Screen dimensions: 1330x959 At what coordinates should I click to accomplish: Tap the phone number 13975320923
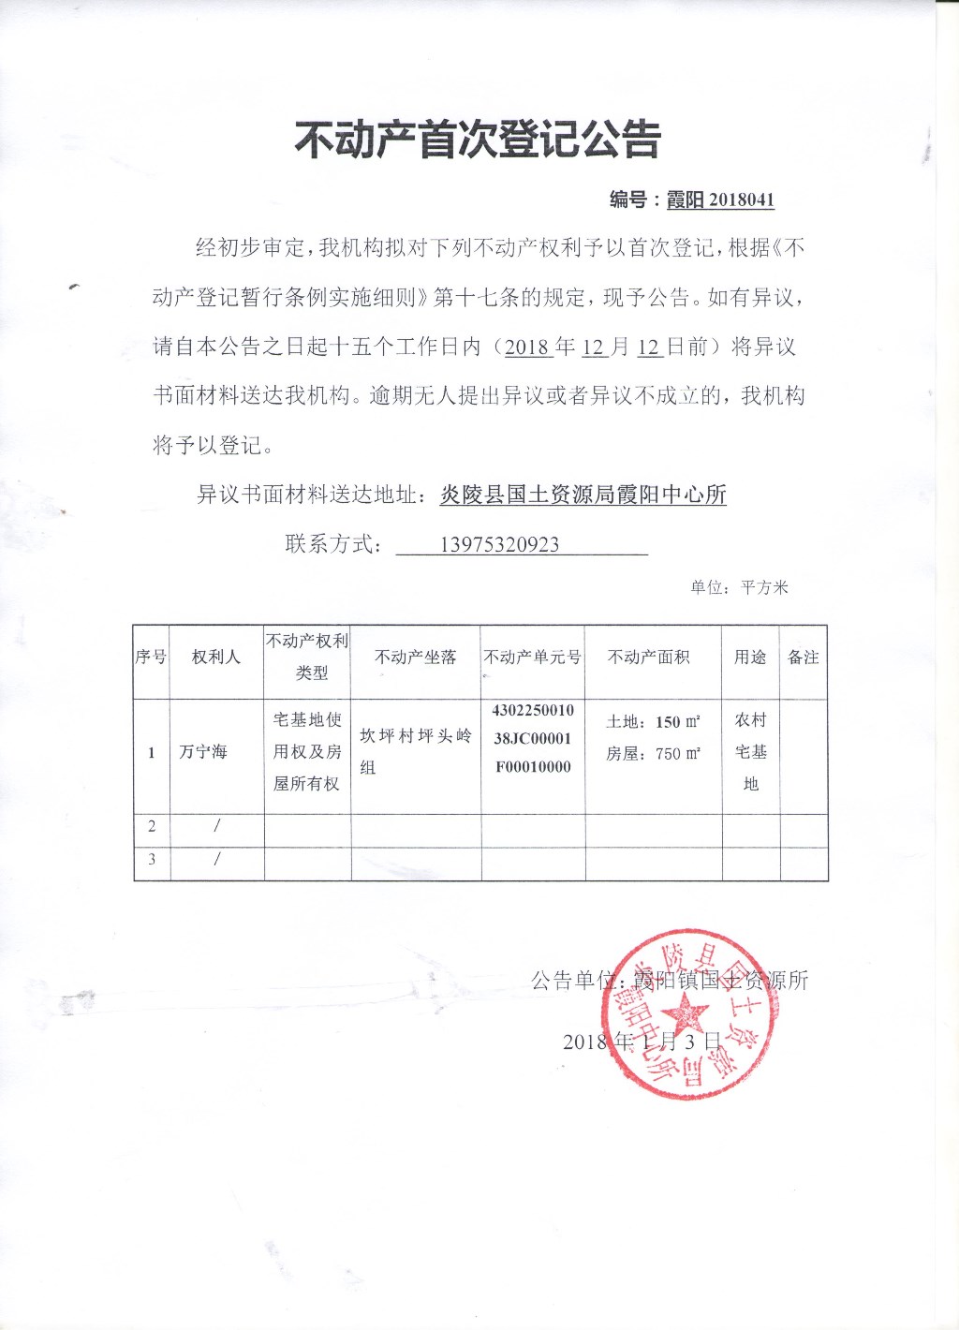click(x=499, y=545)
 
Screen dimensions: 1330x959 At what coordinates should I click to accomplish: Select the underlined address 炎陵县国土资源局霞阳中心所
click(x=583, y=495)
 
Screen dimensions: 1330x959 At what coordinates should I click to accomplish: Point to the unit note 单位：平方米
click(x=739, y=587)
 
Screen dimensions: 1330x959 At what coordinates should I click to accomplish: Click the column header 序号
click(x=151, y=658)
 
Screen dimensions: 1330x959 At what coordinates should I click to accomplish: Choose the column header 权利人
click(x=216, y=658)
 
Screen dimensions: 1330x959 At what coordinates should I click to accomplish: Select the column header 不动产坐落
click(x=415, y=658)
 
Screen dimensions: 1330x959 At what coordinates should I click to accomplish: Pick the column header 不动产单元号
click(x=532, y=658)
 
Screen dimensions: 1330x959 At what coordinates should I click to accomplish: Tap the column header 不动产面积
click(x=648, y=658)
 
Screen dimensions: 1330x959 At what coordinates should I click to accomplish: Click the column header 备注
click(x=804, y=658)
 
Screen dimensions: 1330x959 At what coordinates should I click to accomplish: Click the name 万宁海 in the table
click(x=203, y=752)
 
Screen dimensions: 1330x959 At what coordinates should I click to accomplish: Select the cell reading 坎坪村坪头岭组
click(x=415, y=751)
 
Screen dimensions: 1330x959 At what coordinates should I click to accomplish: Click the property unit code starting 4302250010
click(x=533, y=738)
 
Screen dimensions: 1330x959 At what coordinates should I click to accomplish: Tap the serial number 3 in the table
click(x=152, y=859)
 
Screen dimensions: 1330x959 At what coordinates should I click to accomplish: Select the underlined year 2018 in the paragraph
click(x=526, y=347)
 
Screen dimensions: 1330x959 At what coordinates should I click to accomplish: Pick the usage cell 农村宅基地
click(x=750, y=751)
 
